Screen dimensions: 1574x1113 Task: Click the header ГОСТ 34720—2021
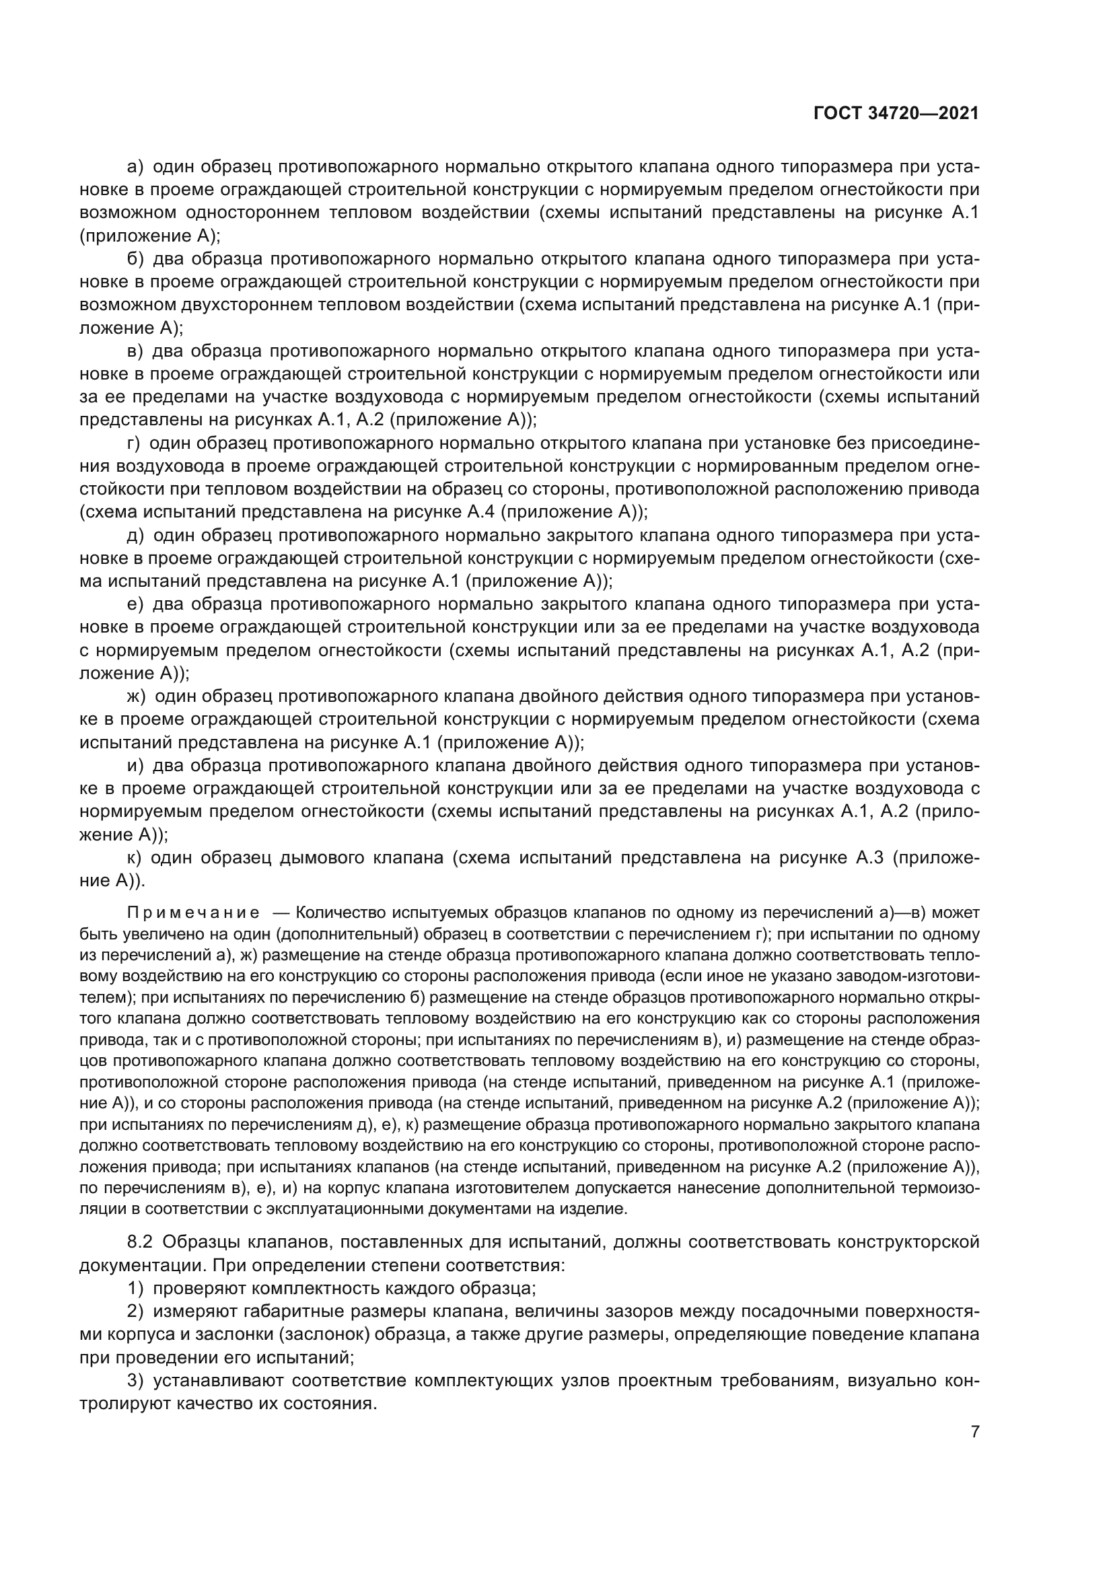click(896, 114)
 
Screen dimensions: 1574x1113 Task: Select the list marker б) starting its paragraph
click(136, 259)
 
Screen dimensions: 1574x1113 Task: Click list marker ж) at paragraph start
click(137, 696)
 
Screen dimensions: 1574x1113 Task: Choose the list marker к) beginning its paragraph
click(135, 857)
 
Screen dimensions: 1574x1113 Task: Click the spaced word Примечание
click(193, 913)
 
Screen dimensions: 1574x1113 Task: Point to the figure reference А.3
click(869, 857)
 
